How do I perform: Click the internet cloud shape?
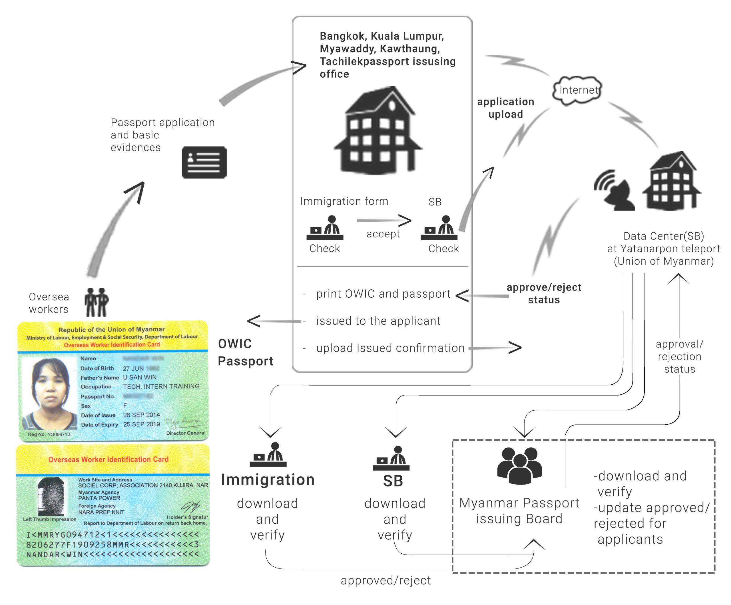pos(578,90)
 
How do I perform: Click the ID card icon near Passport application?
pos(204,162)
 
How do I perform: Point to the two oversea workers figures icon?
pos(97,302)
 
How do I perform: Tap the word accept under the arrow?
pos(383,234)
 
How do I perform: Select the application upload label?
pos(505,108)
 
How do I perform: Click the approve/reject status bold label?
pos(544,293)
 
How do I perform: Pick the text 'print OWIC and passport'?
pos(383,294)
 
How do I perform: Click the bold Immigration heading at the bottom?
pos(268,480)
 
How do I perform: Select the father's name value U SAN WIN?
pos(140,377)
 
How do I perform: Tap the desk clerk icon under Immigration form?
pos(325,228)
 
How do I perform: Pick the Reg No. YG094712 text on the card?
pos(49,434)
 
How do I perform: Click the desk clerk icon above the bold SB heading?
pos(391,458)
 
